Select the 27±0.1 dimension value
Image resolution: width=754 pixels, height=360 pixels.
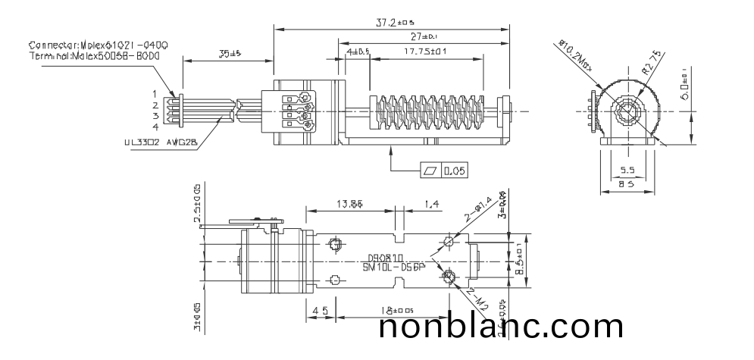pos(422,36)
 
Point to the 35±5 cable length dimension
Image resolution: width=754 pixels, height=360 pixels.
pos(226,54)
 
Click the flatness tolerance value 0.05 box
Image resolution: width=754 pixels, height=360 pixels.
pos(455,171)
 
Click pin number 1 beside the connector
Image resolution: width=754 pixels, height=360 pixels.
pos(155,93)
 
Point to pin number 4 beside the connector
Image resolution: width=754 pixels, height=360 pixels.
pos(155,127)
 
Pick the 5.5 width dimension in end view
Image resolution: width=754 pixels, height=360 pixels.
pos(627,171)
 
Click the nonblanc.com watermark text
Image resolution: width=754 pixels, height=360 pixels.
pos(501,327)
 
